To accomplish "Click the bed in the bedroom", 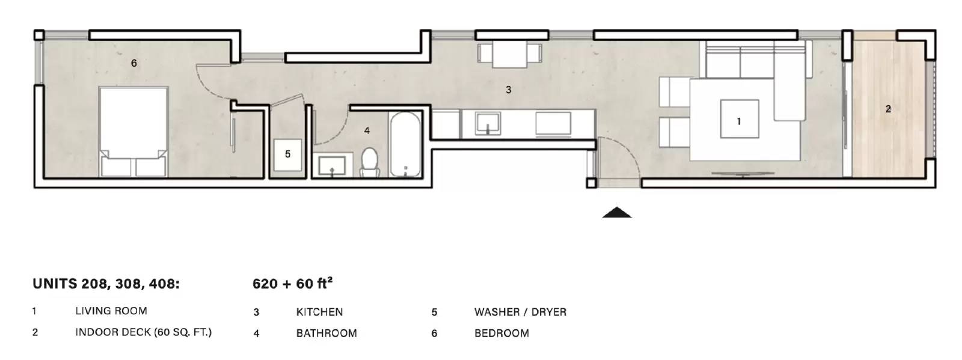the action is (x=133, y=131).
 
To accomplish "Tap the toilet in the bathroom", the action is (x=369, y=163).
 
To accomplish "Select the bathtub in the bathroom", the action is (x=405, y=144).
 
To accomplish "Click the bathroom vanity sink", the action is (x=331, y=166).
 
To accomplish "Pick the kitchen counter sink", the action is (x=488, y=124).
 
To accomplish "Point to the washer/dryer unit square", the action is (x=288, y=154).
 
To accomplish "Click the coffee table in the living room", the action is (x=740, y=119).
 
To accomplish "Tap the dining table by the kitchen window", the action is (x=510, y=54).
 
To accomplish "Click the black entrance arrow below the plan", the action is (x=617, y=212).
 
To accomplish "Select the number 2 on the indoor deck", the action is (x=888, y=109).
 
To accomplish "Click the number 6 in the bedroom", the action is (x=134, y=63).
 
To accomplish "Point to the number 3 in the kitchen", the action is (x=509, y=90).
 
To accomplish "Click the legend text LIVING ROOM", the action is (x=111, y=311).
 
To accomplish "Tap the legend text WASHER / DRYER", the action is (x=521, y=312).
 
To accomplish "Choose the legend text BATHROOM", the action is (x=326, y=334).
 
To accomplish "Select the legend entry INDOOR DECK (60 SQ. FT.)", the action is (x=144, y=332).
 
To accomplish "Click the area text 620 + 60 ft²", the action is (x=292, y=283).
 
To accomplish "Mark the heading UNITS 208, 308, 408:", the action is (x=106, y=284).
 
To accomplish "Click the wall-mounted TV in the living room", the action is (x=743, y=174).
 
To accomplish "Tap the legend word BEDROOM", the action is (x=501, y=334).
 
